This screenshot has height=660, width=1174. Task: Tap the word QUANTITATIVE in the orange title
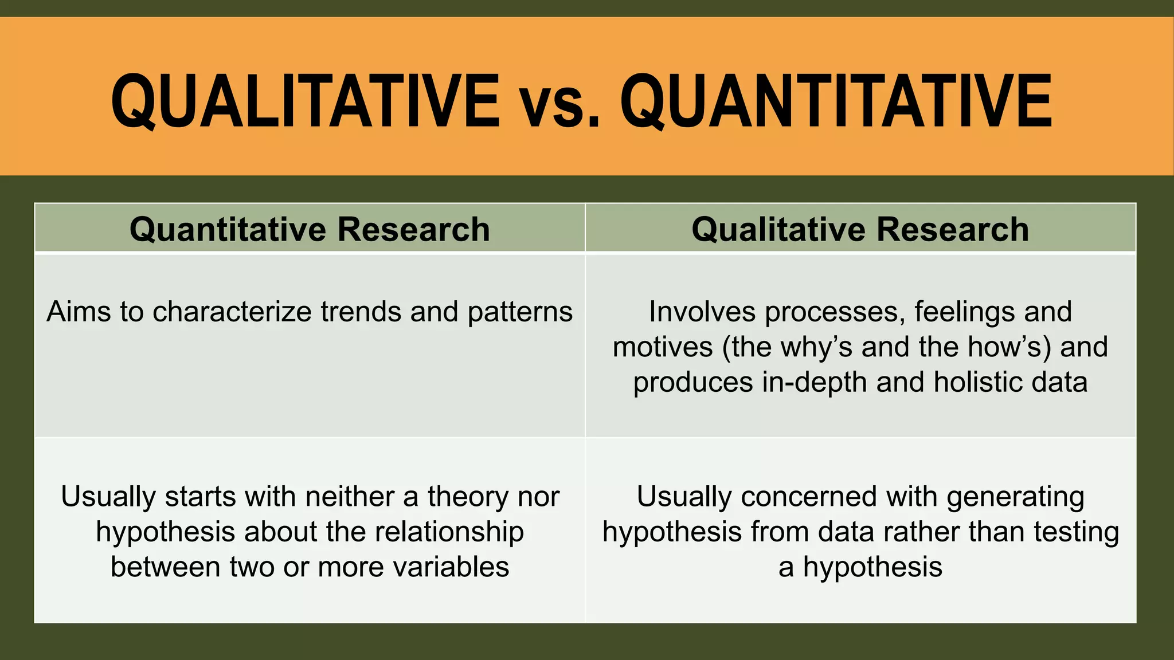coord(835,102)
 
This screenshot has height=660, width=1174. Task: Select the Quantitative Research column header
coord(310,229)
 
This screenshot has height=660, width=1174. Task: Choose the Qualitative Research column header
coord(860,229)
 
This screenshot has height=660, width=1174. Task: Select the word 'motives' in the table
coord(663,348)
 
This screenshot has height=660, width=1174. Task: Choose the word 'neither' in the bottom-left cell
coord(350,497)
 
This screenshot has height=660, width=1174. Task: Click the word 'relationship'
coord(449,532)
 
